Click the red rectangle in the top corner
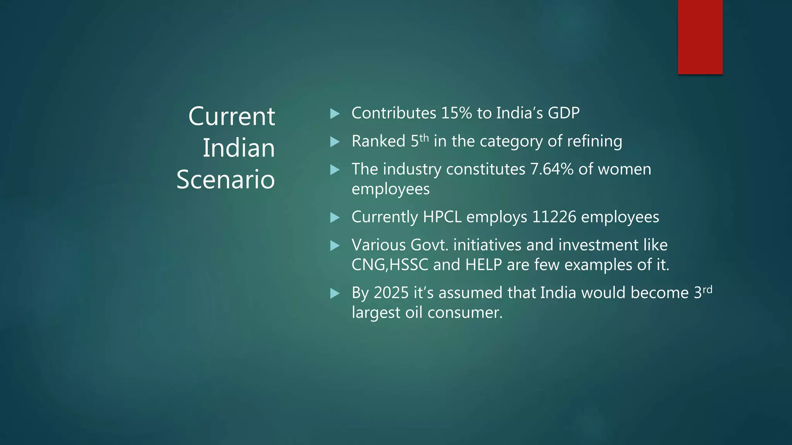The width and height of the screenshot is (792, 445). click(x=700, y=37)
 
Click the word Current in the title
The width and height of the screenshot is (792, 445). click(x=232, y=116)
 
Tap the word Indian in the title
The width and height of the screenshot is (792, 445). click(x=239, y=148)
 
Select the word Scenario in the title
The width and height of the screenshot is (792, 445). click(x=225, y=180)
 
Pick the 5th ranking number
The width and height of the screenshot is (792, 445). click(x=419, y=141)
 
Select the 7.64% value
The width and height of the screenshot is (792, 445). click(x=552, y=169)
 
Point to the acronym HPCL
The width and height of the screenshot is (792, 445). click(x=442, y=217)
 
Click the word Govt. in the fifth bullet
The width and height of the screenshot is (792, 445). click(x=429, y=245)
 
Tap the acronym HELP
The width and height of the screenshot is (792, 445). click(x=483, y=265)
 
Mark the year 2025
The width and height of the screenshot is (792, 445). click(x=391, y=293)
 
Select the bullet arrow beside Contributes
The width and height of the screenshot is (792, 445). click(x=335, y=114)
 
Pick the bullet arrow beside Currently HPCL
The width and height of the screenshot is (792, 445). click(x=335, y=217)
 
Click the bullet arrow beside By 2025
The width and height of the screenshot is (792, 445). click(x=335, y=294)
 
